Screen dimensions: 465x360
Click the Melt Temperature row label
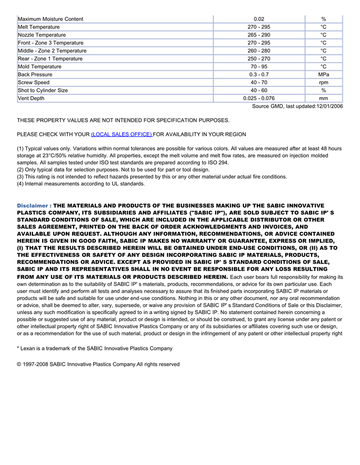[39, 27]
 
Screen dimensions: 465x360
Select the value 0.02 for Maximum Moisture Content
[259, 19]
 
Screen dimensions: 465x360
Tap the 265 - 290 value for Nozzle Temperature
[259, 35]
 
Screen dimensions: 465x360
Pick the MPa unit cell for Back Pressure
[323, 75]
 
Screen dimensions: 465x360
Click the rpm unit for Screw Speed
[323, 82]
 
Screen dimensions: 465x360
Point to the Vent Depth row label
[31, 98]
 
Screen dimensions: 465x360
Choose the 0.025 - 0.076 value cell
[259, 98]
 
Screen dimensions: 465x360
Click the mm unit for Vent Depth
[323, 98]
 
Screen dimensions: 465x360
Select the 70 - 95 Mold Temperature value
[259, 66]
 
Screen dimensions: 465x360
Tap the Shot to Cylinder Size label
[43, 90]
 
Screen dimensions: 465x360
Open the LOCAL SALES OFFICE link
[121, 134]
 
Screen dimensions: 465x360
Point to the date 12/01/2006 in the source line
[327, 106]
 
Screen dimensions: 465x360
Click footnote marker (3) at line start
[21, 177]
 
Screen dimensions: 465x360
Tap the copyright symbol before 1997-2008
[19, 364]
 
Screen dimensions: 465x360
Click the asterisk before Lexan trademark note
[18, 348]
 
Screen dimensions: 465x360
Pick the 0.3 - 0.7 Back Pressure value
[259, 75]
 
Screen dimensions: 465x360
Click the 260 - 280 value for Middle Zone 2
[259, 51]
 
